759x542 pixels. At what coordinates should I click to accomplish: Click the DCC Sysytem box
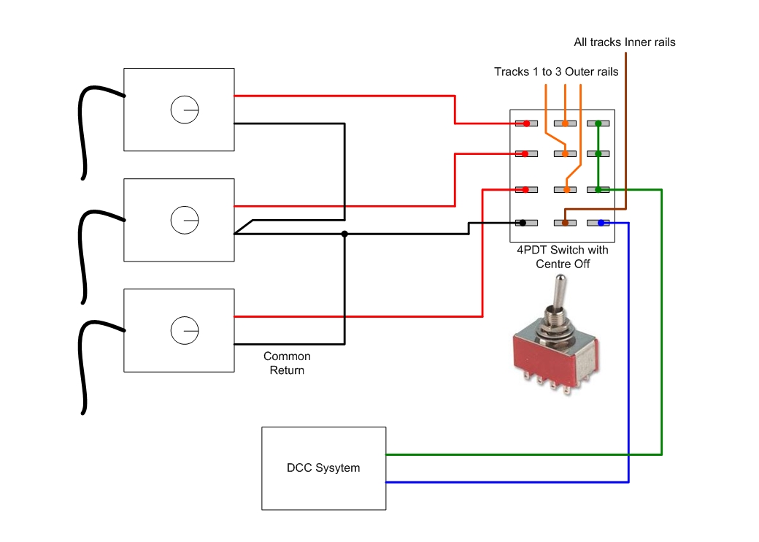click(324, 468)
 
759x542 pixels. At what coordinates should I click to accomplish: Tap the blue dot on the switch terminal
click(601, 223)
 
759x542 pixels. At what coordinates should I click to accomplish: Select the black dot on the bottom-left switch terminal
click(523, 223)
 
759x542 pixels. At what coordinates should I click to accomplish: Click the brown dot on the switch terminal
click(565, 223)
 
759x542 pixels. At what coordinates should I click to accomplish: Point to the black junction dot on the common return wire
click(344, 234)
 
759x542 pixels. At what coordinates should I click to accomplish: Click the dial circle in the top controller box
click(185, 110)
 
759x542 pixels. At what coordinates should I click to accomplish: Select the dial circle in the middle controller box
click(185, 220)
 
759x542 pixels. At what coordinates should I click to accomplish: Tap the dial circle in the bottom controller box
click(185, 330)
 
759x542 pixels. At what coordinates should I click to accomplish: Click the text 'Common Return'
click(287, 363)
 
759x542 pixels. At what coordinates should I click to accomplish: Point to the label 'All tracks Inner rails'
click(625, 42)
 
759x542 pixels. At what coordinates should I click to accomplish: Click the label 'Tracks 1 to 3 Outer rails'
click(556, 72)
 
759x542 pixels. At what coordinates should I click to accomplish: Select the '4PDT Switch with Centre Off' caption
click(563, 256)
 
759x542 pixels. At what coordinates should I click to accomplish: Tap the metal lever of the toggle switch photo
click(558, 295)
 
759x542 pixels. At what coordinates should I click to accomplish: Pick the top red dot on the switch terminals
click(526, 123)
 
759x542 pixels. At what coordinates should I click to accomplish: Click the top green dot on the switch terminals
click(598, 123)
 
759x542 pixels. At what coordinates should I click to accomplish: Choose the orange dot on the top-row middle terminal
click(565, 123)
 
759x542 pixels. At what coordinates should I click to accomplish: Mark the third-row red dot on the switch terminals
click(526, 189)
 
